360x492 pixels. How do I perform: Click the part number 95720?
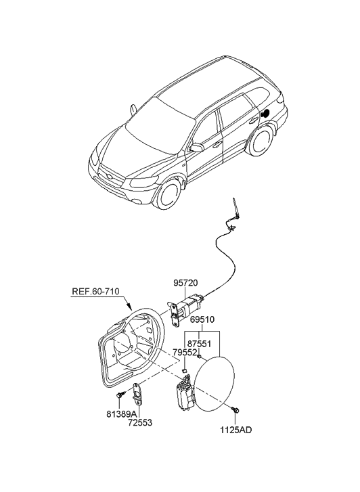(186, 283)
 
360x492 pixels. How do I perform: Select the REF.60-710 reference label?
(95, 292)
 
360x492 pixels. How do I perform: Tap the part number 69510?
(202, 319)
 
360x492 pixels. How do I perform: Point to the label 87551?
(199, 344)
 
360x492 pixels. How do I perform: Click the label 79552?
(185, 353)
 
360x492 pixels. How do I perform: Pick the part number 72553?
(140, 423)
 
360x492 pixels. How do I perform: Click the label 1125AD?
(235, 430)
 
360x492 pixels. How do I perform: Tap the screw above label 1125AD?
(235, 409)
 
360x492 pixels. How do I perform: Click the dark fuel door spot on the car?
(265, 112)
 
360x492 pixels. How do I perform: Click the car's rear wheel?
(261, 141)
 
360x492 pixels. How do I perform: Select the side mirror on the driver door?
(196, 147)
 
